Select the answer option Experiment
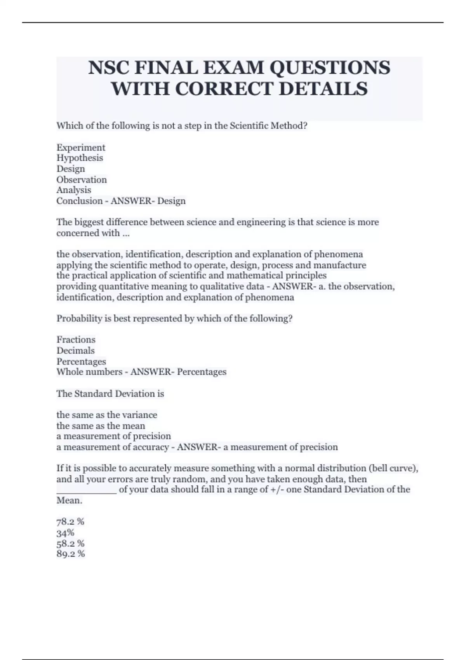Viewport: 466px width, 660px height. pos(81,148)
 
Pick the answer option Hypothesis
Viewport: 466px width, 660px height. pos(80,158)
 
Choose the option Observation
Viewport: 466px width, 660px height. pos(82,180)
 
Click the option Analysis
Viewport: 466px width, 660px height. pos(74,190)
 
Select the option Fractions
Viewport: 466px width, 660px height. pos(76,340)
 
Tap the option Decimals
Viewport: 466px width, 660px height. pos(75,351)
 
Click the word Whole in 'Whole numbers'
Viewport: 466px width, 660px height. pos(69,372)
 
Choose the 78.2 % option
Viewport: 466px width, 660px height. pos(70,522)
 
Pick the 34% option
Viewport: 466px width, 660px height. pos(65,533)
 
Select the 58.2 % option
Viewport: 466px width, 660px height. pos(70,544)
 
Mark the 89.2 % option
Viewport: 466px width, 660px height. pos(70,554)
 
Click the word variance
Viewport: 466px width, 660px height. pos(139,415)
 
